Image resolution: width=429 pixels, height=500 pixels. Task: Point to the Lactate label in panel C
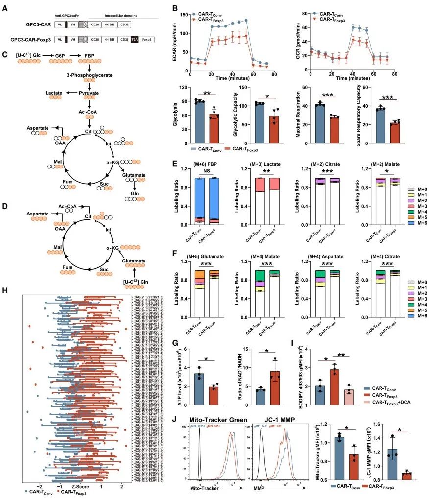(x=53, y=92)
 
